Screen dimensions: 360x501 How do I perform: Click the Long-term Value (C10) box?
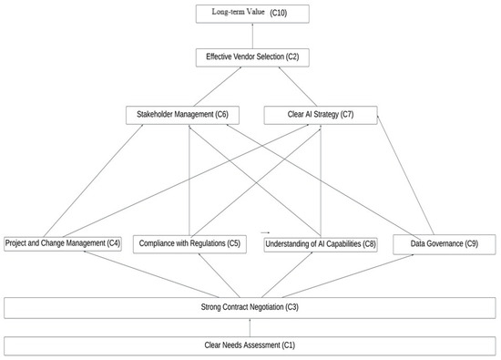(251, 14)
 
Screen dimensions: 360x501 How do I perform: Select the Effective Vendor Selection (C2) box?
(251, 57)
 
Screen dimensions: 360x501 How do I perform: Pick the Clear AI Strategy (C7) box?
(320, 116)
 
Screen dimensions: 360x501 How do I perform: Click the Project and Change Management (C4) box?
(63, 243)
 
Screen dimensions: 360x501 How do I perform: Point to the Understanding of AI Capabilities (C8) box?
(319, 243)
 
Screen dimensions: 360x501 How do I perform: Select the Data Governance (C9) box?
(445, 243)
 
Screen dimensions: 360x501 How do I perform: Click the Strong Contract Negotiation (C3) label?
(250, 307)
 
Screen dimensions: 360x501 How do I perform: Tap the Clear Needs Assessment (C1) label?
(250, 345)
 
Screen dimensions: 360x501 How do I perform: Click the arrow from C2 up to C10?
(251, 36)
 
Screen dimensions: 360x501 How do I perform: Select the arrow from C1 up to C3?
(250, 326)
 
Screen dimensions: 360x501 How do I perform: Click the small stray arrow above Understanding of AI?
(266, 232)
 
